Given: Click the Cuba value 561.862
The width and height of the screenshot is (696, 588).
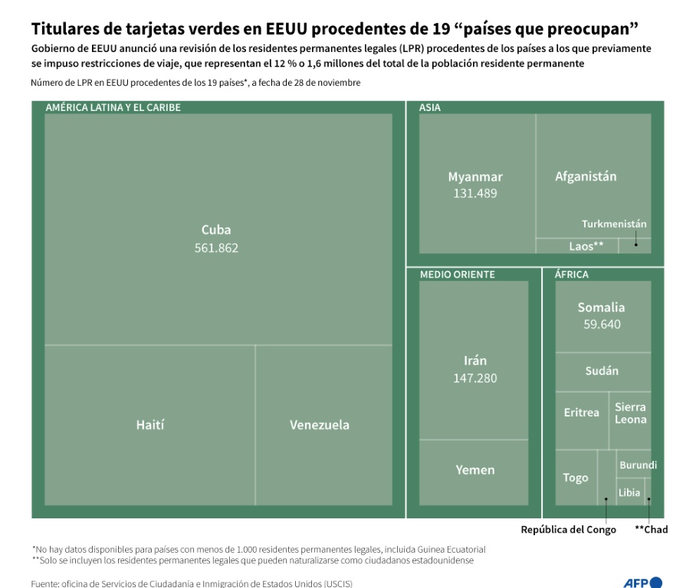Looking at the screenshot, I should click(x=216, y=247).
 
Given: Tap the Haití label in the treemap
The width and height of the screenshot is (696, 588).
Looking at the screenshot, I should click(x=150, y=425).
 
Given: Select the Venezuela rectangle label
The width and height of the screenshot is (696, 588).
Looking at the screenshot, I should click(x=319, y=425).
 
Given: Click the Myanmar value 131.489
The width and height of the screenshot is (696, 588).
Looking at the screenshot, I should click(x=475, y=193).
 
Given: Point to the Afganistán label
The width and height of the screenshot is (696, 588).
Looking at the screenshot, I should click(x=586, y=176).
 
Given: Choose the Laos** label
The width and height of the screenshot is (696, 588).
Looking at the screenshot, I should click(x=586, y=247).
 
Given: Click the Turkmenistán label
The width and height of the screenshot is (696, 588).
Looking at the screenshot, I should click(x=614, y=224).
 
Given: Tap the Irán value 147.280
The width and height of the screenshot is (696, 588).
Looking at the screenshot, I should click(x=475, y=377).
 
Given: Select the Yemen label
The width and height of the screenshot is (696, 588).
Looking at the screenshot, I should click(x=475, y=470).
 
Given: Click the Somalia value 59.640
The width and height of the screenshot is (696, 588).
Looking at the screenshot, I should click(x=602, y=324).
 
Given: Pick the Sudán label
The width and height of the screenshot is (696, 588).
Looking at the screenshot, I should click(x=602, y=371).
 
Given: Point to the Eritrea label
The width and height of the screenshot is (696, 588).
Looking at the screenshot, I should click(x=582, y=413).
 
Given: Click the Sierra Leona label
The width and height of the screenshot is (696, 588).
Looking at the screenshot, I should click(x=630, y=413).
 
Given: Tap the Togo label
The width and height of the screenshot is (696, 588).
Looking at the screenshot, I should click(x=576, y=478).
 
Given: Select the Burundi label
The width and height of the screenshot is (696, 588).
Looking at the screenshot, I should click(x=638, y=465).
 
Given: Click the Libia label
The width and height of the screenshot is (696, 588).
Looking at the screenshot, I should click(x=629, y=492).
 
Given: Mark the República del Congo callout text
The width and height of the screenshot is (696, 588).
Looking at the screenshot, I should click(x=568, y=529).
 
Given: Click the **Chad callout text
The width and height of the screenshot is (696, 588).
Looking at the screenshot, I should click(x=651, y=529).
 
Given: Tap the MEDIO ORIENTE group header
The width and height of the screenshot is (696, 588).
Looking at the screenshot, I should click(x=458, y=274).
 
